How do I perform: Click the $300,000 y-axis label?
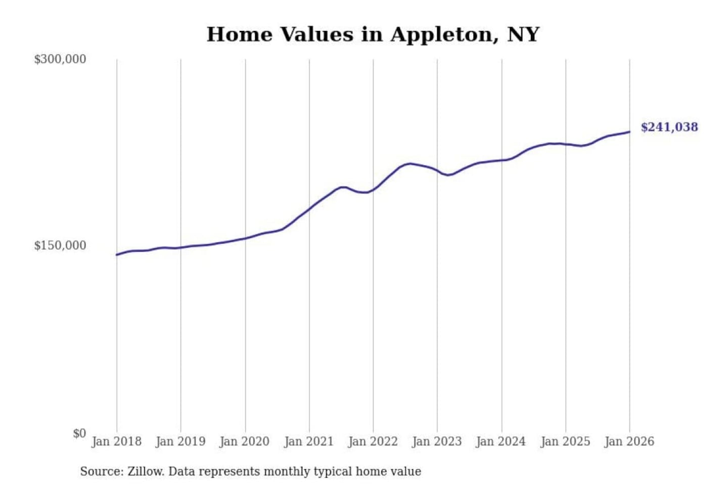60,59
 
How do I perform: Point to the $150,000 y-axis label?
60,246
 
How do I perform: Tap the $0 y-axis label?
79,433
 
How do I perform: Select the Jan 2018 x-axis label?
116,441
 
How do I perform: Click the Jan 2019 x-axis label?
180,441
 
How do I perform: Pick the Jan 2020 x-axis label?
245,441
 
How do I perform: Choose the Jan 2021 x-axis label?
309,441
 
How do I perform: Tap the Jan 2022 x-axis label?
373,441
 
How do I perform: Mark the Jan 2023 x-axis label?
437,441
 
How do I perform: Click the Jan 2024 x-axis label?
501,441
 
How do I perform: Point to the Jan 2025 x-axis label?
565,441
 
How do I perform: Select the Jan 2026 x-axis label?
629,441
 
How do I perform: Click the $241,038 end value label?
669,127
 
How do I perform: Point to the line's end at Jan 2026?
629,132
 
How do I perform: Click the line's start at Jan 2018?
117,255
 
